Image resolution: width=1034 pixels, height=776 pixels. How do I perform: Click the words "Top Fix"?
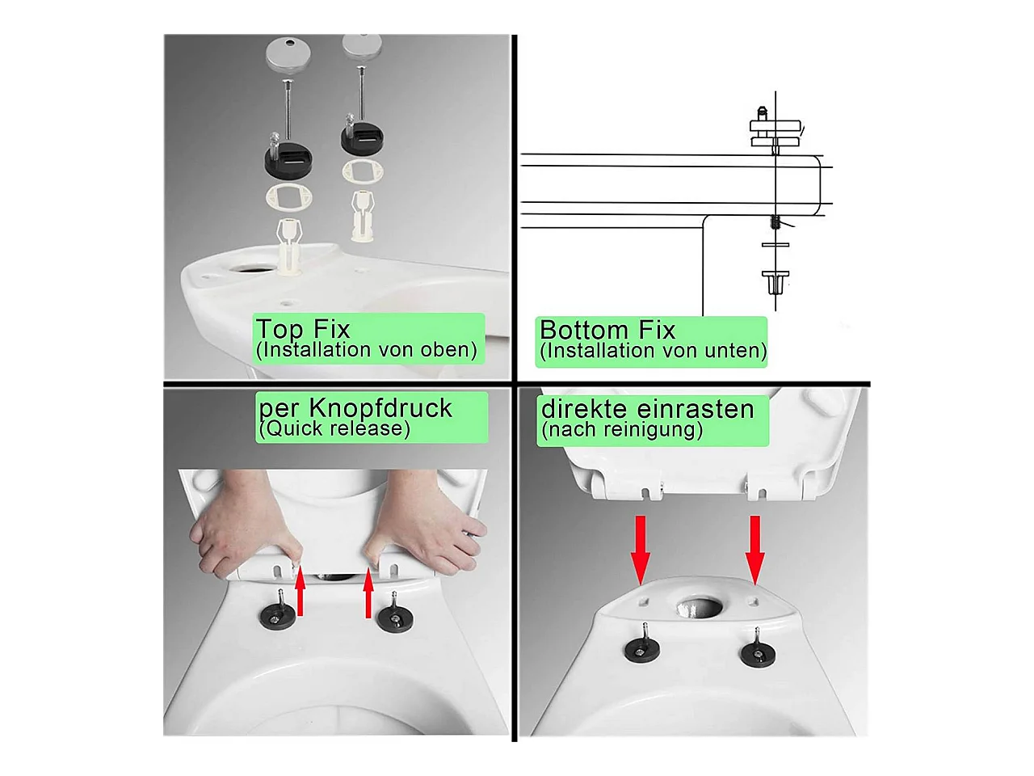303,329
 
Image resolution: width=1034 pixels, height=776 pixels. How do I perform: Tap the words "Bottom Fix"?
607,330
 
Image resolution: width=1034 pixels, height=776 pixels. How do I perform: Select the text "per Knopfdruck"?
355,407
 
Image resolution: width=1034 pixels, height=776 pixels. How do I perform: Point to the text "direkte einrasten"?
647,409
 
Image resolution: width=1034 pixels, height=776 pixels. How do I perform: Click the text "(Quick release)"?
334,428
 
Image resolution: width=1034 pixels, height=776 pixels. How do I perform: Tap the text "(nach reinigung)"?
622,430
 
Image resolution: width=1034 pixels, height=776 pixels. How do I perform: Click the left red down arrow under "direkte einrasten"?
641,550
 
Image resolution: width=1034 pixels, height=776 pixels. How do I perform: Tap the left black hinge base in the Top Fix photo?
288,158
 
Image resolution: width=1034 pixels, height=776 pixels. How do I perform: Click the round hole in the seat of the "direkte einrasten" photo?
699,606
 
